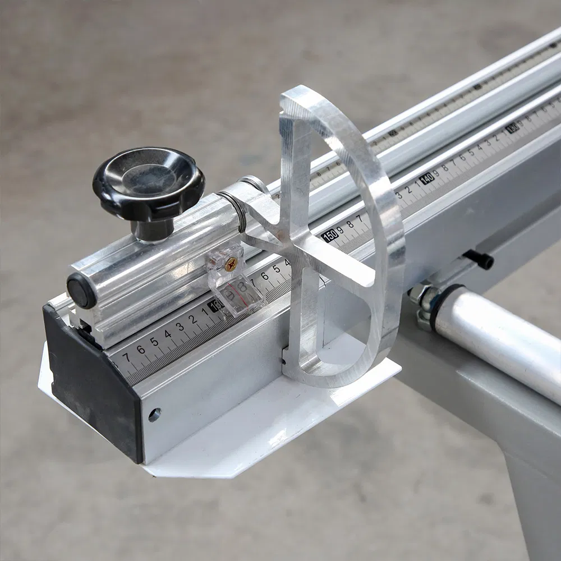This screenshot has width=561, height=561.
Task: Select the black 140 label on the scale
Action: click(x=427, y=179)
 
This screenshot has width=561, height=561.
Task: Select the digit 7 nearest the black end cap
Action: click(x=126, y=357)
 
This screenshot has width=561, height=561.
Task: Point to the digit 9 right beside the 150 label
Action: click(x=340, y=229)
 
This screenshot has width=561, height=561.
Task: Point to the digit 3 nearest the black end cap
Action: click(x=180, y=326)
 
